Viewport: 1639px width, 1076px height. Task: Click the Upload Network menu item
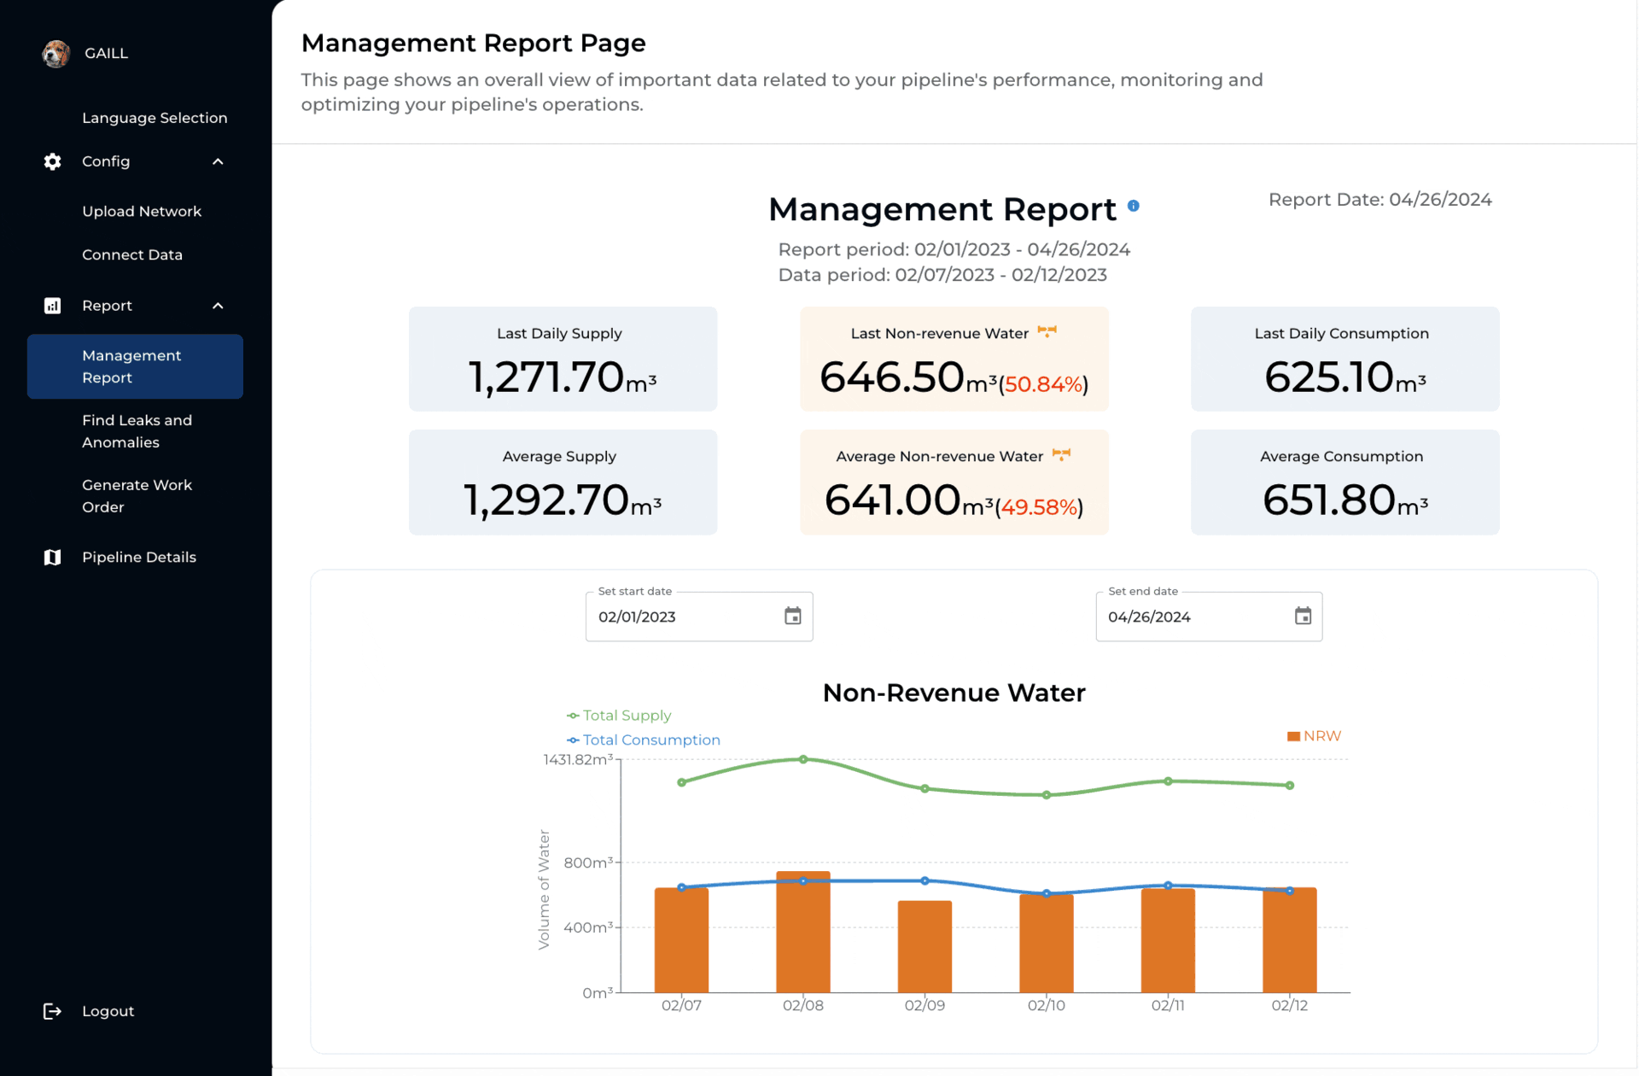142,211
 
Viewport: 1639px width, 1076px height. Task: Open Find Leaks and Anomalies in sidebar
137,431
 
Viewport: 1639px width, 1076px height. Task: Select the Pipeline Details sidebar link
139,557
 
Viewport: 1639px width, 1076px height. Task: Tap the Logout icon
52,1011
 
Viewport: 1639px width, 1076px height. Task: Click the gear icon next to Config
52,161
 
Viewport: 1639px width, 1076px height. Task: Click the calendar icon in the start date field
793,616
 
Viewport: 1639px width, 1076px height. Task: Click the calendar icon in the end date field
1303,616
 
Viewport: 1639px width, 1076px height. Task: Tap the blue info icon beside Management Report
1134,206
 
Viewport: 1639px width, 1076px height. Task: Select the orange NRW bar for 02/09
924,946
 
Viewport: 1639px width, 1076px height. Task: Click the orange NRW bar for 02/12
1290,939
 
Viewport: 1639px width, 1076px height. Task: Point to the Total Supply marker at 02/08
803,759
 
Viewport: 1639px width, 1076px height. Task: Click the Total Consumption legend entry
644,740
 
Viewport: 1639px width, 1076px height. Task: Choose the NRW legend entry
1315,736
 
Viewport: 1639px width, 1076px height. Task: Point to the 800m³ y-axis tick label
588,863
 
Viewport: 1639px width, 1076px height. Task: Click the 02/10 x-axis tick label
1047,1005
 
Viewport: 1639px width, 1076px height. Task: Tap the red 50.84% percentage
1043,384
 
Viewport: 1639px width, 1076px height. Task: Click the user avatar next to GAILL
55,53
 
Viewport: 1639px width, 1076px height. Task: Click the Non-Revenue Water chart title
954,693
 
